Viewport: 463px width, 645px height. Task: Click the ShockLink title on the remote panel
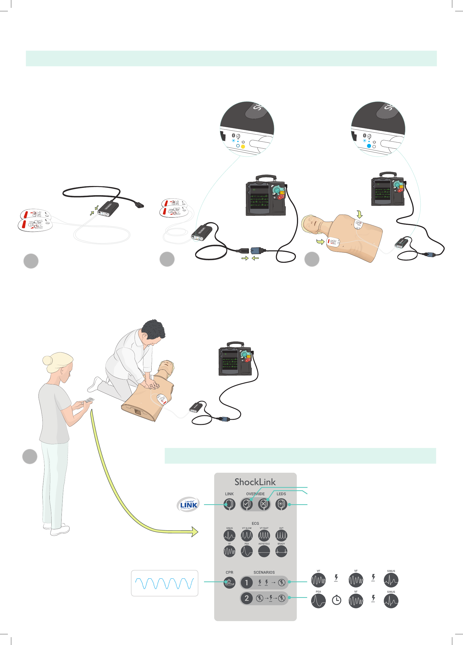click(x=255, y=482)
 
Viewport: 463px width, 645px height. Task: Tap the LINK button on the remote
click(x=229, y=504)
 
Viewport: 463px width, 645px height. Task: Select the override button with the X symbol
click(x=264, y=504)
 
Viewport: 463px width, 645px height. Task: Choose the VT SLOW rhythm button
click(x=247, y=536)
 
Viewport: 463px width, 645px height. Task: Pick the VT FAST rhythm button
click(x=264, y=536)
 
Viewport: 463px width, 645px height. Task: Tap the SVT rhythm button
click(x=281, y=536)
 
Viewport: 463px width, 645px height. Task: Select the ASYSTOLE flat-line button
click(x=264, y=551)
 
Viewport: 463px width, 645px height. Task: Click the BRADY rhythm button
click(x=281, y=551)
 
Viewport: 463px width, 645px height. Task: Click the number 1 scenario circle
click(x=247, y=582)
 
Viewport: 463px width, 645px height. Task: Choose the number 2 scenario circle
click(x=247, y=598)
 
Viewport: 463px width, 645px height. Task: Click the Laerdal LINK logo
click(x=188, y=504)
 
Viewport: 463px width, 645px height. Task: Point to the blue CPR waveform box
click(x=164, y=583)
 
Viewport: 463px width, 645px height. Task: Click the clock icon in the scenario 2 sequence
click(x=337, y=600)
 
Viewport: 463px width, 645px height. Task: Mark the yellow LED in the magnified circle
click(x=243, y=147)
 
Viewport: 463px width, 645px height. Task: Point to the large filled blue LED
click(x=369, y=146)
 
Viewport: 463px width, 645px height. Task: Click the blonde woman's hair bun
click(x=47, y=361)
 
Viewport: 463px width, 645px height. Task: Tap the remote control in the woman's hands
click(x=89, y=400)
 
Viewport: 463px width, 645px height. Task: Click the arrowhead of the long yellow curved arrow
click(x=195, y=531)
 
